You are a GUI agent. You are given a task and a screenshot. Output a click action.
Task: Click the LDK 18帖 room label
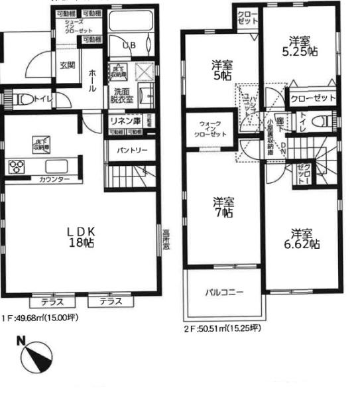(82, 237)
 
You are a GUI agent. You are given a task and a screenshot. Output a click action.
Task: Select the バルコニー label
(223, 292)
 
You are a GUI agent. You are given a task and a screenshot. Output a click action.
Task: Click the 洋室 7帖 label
(223, 206)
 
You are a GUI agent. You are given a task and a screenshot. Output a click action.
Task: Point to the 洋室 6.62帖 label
(304, 239)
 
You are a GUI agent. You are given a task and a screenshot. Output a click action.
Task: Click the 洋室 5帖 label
(221, 70)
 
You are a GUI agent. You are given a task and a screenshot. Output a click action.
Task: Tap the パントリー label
(132, 150)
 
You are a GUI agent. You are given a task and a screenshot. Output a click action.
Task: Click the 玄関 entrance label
(67, 65)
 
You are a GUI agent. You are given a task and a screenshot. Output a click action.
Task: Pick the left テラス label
(48, 301)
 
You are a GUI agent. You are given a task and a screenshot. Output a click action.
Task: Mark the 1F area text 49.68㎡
(40, 318)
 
